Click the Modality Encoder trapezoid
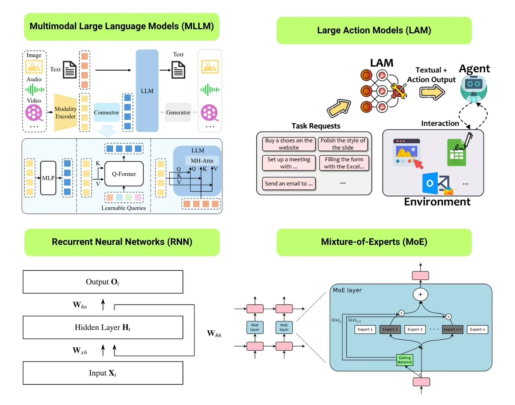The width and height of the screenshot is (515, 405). (66, 112)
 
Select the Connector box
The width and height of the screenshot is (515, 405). (106, 112)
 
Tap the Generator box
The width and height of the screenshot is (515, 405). (178, 112)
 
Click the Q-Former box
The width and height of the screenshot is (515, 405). (124, 174)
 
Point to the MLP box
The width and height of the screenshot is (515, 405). (48, 178)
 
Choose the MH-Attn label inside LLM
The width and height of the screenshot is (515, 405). (202, 161)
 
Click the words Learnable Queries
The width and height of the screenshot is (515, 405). (123, 208)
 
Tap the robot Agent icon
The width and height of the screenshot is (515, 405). (474, 88)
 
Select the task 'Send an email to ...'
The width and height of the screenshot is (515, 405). (289, 183)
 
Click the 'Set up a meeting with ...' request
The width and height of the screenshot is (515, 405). (289, 163)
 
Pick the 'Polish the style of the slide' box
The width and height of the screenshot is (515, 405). (343, 144)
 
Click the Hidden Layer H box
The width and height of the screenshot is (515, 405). (103, 327)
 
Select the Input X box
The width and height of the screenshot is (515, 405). (103, 373)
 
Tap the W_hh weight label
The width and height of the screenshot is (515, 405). (214, 333)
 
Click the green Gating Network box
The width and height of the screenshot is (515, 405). (405, 360)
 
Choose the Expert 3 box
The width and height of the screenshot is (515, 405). (415, 330)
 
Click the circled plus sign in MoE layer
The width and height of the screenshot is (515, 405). (420, 294)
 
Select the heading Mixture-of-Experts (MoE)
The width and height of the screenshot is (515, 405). (374, 242)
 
